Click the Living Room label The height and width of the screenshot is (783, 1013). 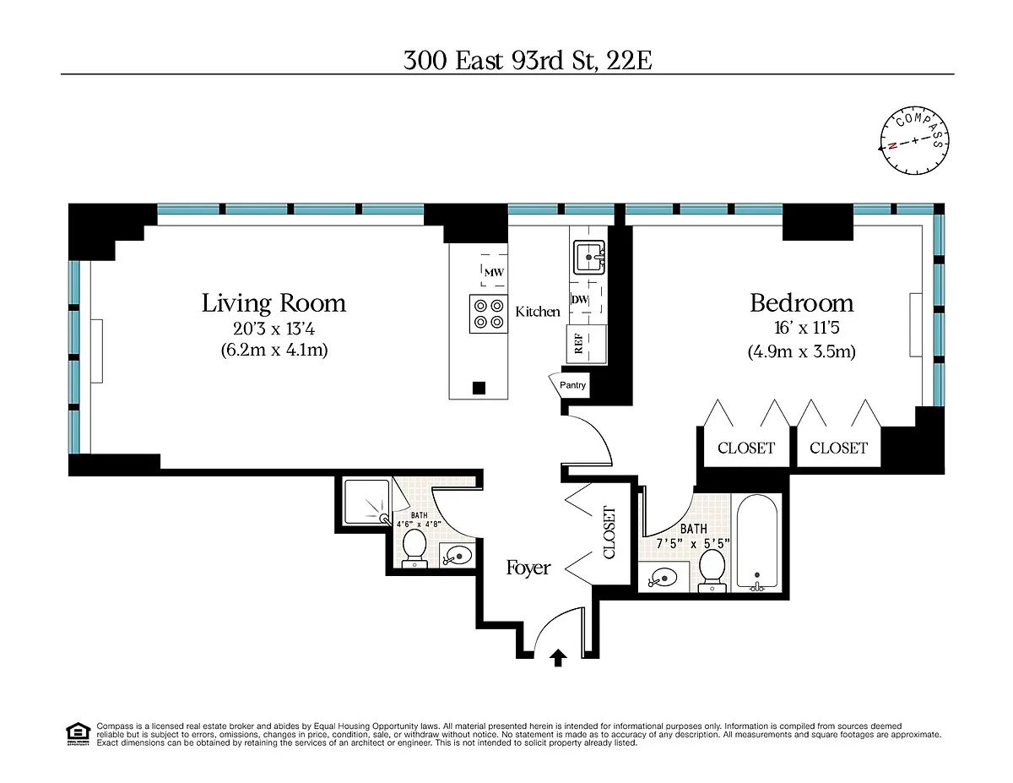pyautogui.click(x=274, y=303)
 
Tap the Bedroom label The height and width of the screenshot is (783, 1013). pyautogui.click(x=801, y=303)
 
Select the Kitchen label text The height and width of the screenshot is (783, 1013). pyautogui.click(x=537, y=312)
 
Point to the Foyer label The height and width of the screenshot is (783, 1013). pyautogui.click(x=528, y=568)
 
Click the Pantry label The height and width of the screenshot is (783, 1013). pyautogui.click(x=572, y=384)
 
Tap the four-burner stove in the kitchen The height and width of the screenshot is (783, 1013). pyautogui.click(x=488, y=314)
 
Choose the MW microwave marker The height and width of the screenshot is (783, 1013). pyautogui.click(x=494, y=272)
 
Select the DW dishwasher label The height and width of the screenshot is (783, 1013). pyautogui.click(x=579, y=299)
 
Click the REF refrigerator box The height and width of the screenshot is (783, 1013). pyautogui.click(x=587, y=344)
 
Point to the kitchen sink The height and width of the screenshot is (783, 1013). pyautogui.click(x=589, y=257)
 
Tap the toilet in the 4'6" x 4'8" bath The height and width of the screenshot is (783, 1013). pyautogui.click(x=414, y=548)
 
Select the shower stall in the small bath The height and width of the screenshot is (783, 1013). pyautogui.click(x=367, y=502)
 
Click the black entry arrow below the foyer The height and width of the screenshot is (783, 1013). pyautogui.click(x=558, y=659)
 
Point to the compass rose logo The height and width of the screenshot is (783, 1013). pyautogui.click(x=914, y=141)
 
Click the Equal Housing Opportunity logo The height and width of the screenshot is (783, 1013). pyautogui.click(x=78, y=734)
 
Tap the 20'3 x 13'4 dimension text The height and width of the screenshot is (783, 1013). pyautogui.click(x=274, y=329)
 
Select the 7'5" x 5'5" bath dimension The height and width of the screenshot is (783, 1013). pyautogui.click(x=693, y=544)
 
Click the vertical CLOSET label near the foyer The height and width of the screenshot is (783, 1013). pyautogui.click(x=609, y=533)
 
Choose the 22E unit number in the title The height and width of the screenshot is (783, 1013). pyautogui.click(x=629, y=61)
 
